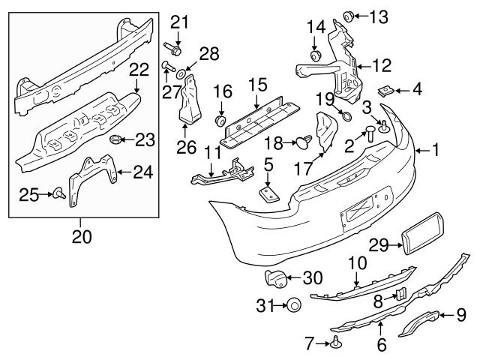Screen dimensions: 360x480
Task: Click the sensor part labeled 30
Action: coord(277,278)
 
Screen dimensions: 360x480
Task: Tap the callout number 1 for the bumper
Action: coord(436,151)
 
